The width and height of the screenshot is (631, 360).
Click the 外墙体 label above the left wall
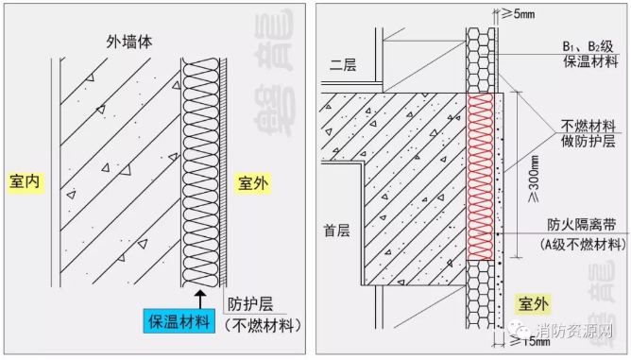click(x=129, y=42)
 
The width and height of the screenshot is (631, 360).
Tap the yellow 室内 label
click(x=25, y=181)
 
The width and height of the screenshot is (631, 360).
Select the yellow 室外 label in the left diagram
click(x=253, y=183)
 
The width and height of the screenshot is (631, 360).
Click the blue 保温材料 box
click(x=179, y=321)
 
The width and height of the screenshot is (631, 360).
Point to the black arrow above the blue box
click(x=200, y=300)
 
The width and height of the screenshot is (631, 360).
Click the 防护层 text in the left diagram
click(x=250, y=304)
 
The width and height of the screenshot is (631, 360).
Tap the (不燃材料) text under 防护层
click(x=263, y=325)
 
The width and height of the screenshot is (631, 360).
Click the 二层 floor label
click(x=343, y=65)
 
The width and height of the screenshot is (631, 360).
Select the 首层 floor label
click(x=337, y=231)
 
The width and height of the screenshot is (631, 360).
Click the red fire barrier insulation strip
click(x=481, y=177)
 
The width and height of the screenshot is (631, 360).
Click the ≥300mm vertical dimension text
click(x=534, y=179)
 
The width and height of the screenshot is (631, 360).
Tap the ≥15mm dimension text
click(x=530, y=341)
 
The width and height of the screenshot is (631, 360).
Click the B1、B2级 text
click(x=588, y=46)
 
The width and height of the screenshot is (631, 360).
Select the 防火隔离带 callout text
click(x=582, y=224)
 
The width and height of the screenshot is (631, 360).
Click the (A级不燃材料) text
click(x=583, y=245)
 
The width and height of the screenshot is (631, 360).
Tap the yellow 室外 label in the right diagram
click(x=533, y=304)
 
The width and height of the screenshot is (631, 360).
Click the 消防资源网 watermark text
click(x=574, y=331)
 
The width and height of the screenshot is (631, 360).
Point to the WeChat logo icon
click(x=520, y=330)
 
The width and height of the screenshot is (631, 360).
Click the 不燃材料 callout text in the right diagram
click(x=588, y=127)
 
